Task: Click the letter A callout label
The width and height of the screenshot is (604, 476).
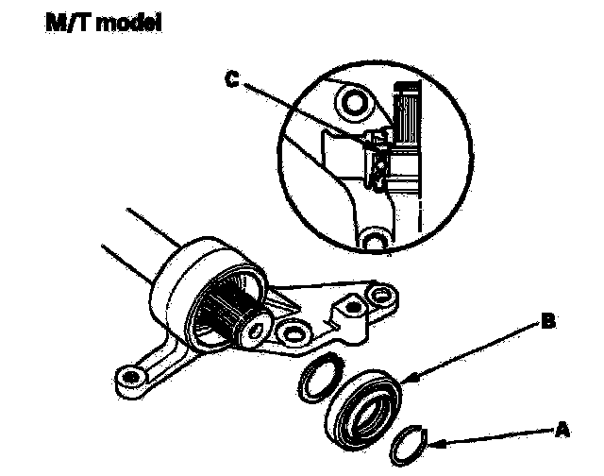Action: pyautogui.click(x=563, y=428)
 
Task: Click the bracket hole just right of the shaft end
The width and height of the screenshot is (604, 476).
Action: pyautogui.click(x=293, y=332)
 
